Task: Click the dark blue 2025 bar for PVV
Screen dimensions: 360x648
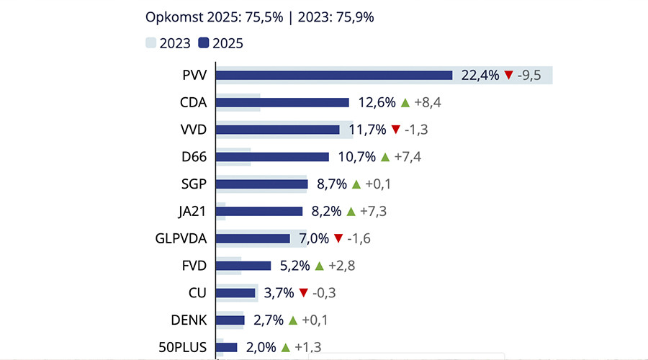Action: click(x=334, y=75)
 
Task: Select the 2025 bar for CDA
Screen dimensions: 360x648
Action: click(x=282, y=102)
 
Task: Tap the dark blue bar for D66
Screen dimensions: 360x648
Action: click(x=272, y=157)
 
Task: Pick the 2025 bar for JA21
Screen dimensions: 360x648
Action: click(x=259, y=211)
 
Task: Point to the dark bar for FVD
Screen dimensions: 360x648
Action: click(x=243, y=266)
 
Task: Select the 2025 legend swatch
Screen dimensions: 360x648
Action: click(x=203, y=43)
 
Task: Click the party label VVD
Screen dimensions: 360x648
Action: click(x=194, y=130)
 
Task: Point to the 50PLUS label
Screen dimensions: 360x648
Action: click(x=183, y=347)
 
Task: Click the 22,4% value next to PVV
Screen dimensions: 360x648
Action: click(x=479, y=76)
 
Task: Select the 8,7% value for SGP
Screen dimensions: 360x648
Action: click(x=330, y=184)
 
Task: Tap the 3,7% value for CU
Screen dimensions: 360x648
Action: click(x=279, y=293)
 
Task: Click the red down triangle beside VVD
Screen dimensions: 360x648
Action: click(x=395, y=130)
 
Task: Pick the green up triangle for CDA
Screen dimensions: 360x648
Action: click(x=405, y=102)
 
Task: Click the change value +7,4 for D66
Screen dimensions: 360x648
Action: click(x=408, y=157)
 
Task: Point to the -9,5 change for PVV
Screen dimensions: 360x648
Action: click(x=532, y=76)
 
